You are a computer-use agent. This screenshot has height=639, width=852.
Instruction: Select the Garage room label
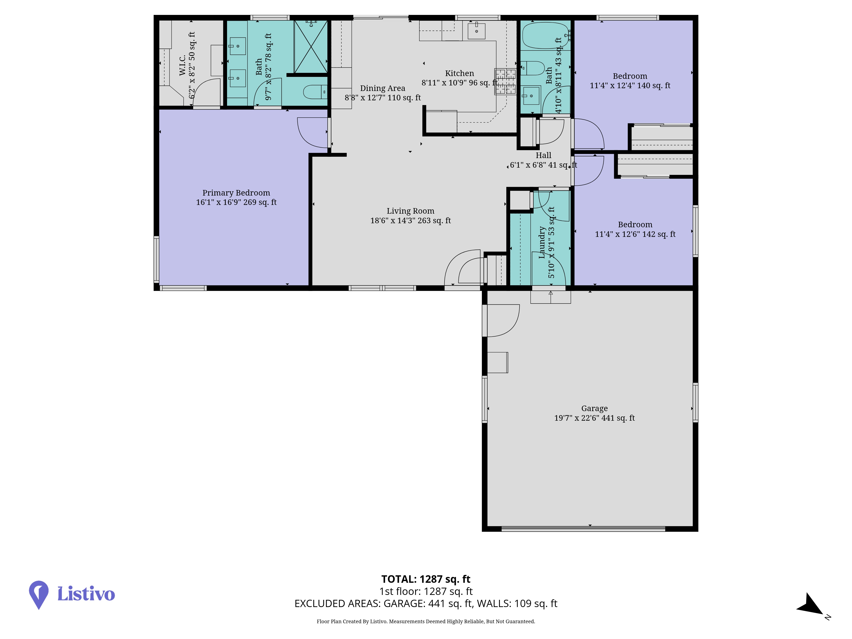[594, 408]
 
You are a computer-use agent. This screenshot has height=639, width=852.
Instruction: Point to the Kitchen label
[459, 73]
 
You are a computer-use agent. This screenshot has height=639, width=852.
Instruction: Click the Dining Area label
[383, 88]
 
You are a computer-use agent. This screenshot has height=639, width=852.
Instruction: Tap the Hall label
[544, 155]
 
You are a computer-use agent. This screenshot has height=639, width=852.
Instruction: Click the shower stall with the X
[311, 47]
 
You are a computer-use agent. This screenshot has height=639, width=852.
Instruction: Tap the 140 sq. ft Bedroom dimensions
[630, 85]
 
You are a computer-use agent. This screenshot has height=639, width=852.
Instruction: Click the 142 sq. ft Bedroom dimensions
[635, 234]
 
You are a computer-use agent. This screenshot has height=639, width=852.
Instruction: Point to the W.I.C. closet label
[182, 65]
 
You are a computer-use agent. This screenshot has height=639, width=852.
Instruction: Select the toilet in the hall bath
[533, 68]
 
